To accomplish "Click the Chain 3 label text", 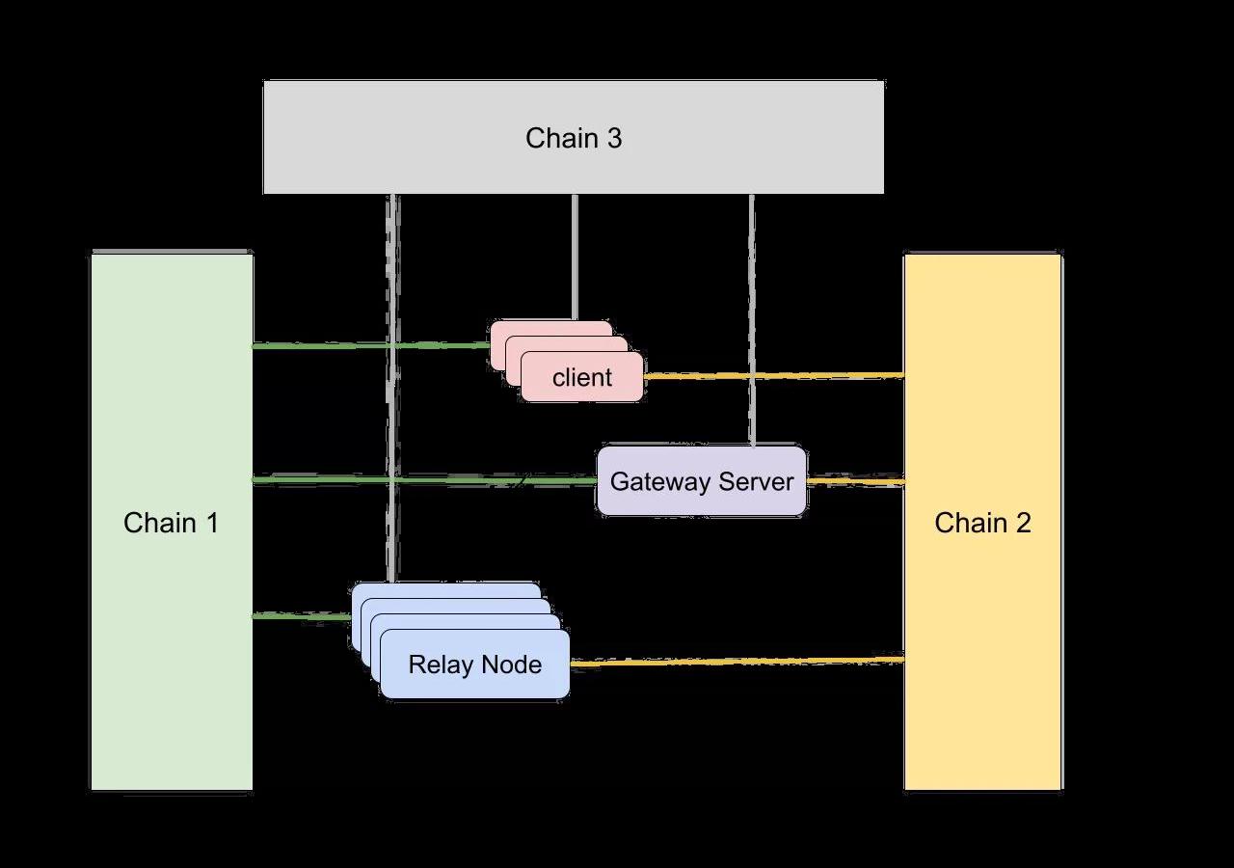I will point(574,138).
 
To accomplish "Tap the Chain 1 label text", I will point(171,523).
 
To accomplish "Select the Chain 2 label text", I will point(982,523).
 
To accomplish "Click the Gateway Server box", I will point(701,480).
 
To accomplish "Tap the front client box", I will point(581,377).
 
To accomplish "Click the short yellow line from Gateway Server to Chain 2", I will point(855,480).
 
